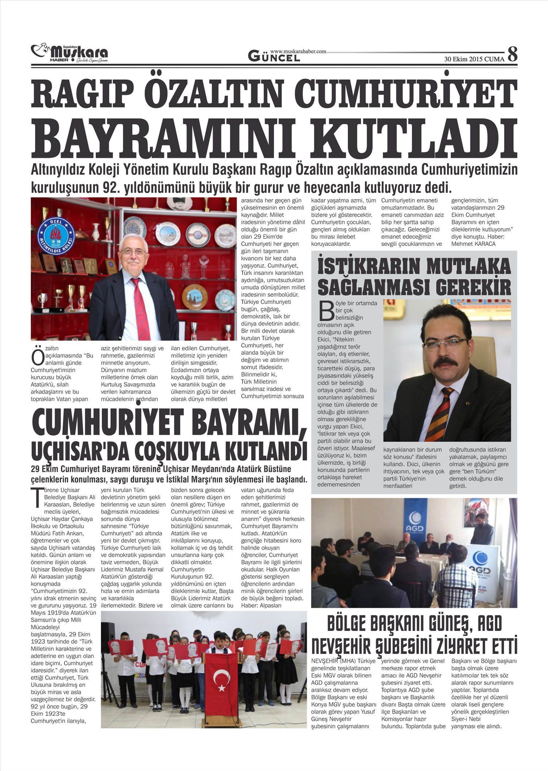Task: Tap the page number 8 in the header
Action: tap(513, 54)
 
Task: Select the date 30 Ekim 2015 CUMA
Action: tap(474, 59)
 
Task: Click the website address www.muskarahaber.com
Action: tap(298, 52)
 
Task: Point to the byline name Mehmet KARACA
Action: tap(473, 244)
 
